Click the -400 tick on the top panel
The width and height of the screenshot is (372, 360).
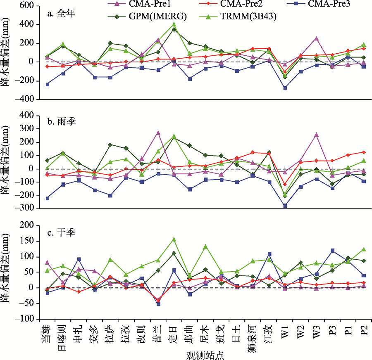click(x=26, y=99)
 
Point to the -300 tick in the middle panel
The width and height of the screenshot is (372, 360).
click(x=26, y=209)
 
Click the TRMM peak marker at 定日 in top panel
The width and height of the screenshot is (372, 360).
click(x=174, y=24)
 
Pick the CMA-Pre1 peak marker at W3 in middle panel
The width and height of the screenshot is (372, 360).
click(x=316, y=135)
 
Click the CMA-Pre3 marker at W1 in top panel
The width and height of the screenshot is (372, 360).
click(x=285, y=88)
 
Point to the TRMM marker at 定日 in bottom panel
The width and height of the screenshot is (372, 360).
click(x=174, y=239)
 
